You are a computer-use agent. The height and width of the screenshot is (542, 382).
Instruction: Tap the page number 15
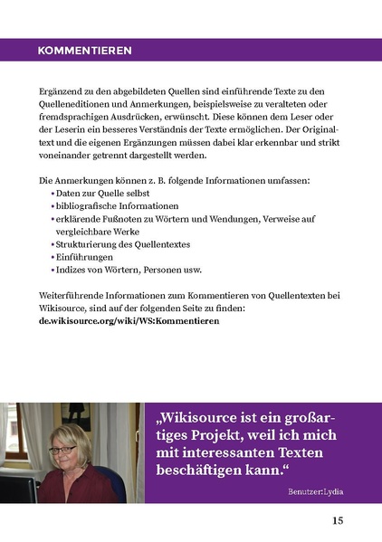click(337, 521)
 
